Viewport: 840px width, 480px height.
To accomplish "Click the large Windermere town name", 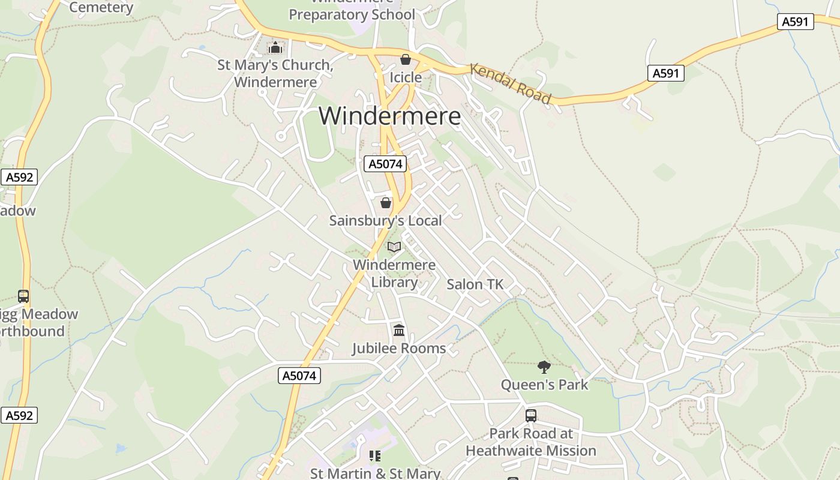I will (389, 116).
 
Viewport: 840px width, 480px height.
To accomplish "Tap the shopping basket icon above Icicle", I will (406, 59).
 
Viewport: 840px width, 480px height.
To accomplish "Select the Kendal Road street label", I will (510, 83).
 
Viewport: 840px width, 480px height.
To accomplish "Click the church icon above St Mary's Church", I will (275, 47).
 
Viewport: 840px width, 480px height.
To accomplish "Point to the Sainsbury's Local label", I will (385, 220).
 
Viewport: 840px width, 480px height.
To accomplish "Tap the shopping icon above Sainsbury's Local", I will (386, 203).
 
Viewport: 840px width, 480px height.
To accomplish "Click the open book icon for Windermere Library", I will (394, 247).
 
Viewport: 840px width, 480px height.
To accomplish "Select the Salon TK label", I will (475, 284).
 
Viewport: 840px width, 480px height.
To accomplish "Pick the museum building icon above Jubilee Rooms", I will (399, 331).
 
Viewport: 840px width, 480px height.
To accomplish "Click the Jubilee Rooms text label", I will (398, 348).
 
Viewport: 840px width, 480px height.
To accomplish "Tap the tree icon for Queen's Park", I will (544, 367).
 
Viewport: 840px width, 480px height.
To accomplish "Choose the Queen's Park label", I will (544, 385).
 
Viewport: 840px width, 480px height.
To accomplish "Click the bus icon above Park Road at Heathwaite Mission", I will (531, 415).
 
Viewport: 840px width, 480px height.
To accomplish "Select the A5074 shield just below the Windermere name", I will (385, 164).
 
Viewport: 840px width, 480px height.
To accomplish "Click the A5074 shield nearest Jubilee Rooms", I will (299, 376).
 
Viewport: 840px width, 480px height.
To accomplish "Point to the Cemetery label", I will (101, 7).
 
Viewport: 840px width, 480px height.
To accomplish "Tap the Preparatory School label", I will (352, 13).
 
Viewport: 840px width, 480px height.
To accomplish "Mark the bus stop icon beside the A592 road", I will (23, 296).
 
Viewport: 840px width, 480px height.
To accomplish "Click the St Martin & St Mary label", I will (375, 473).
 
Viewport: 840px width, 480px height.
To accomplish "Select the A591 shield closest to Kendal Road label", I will (666, 73).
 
